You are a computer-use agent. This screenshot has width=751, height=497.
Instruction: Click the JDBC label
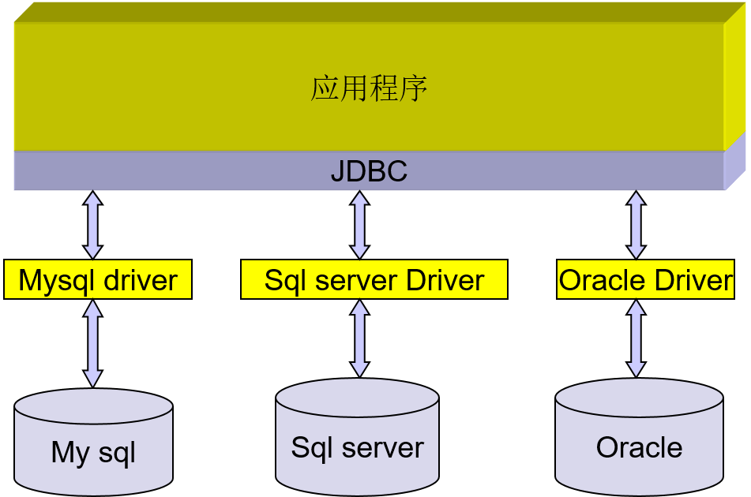[x=369, y=171]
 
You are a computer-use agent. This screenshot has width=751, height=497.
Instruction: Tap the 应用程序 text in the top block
[x=369, y=88]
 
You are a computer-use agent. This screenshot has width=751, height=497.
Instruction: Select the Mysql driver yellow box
[x=98, y=280]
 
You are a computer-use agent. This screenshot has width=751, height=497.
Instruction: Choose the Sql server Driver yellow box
[x=374, y=280]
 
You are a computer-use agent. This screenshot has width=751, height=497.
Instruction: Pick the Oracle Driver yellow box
[x=645, y=280]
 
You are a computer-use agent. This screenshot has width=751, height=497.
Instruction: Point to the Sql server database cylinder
[x=357, y=438]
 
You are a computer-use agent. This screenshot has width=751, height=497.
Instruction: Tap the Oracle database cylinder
[x=639, y=438]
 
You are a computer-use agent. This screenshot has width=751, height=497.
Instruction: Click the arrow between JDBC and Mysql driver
[x=93, y=224]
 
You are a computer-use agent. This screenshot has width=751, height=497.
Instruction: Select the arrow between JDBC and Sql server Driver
[x=360, y=224]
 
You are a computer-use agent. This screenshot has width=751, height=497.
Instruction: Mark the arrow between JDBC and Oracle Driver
[x=636, y=224]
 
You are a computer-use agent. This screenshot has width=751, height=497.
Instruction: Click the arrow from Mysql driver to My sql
[x=93, y=343]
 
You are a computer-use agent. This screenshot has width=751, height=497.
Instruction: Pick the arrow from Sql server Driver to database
[x=360, y=338]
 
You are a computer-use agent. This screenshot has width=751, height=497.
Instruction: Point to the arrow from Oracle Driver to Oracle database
[x=636, y=338]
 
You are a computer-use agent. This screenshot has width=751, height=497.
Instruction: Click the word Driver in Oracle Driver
[x=695, y=280]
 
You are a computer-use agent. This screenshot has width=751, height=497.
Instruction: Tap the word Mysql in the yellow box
[x=56, y=280]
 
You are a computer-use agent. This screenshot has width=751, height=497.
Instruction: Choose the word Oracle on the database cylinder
[x=639, y=447]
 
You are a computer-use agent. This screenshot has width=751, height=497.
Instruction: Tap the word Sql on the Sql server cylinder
[x=311, y=447]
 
